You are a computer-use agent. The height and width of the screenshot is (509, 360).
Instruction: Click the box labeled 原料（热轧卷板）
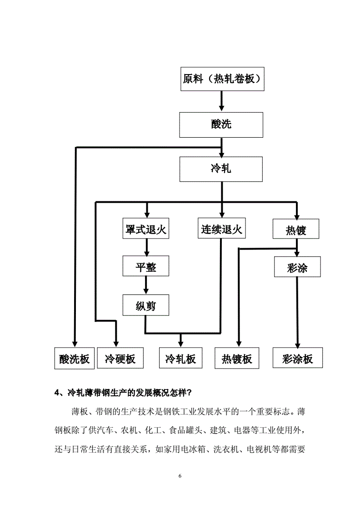point(221,79)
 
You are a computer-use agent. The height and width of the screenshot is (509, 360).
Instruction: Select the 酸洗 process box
point(221,125)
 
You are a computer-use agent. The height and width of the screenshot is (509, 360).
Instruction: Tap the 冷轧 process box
point(221,169)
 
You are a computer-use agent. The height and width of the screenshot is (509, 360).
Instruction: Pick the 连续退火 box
point(221,229)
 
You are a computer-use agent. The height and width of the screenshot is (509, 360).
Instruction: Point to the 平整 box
point(146,266)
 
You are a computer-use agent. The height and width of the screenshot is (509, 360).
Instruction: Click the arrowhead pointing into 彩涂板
point(298,344)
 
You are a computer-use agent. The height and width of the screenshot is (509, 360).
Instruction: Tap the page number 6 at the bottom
point(180,476)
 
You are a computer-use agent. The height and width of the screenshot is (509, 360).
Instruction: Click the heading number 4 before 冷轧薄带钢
point(57,392)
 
